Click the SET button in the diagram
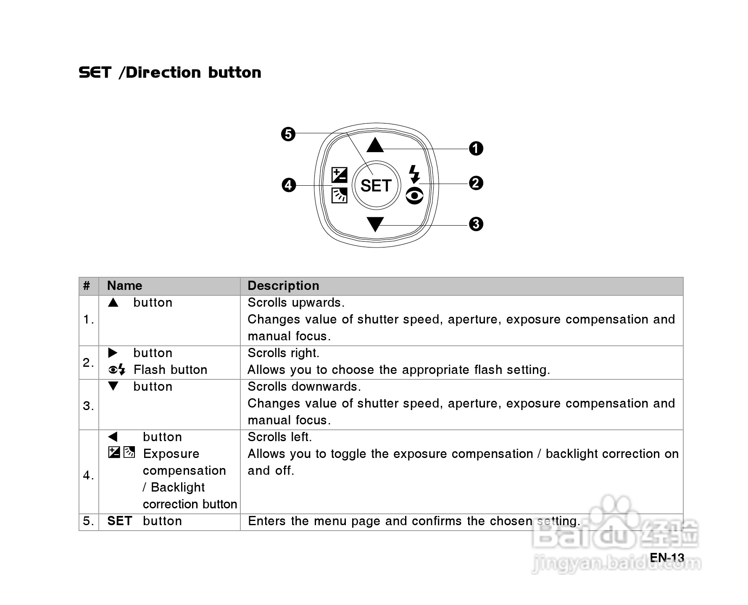coord(376,185)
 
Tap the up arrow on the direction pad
coord(375,145)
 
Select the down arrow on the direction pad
coord(375,224)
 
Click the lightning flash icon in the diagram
coord(414,174)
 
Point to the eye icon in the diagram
coord(415,196)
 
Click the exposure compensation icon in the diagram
coord(339,175)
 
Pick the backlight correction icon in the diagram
coord(339,195)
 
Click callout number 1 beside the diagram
coord(476,148)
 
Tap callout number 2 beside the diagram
coord(476,183)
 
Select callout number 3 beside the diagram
coord(476,224)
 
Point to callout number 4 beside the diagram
coord(289,185)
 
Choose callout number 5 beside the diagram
coord(288,134)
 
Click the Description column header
coord(283,286)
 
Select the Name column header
coord(124,286)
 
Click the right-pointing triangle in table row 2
coord(113,353)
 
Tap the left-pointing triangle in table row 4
coord(113,437)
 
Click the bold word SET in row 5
coord(119,521)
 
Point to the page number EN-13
coord(667,558)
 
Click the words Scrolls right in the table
coord(283,353)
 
